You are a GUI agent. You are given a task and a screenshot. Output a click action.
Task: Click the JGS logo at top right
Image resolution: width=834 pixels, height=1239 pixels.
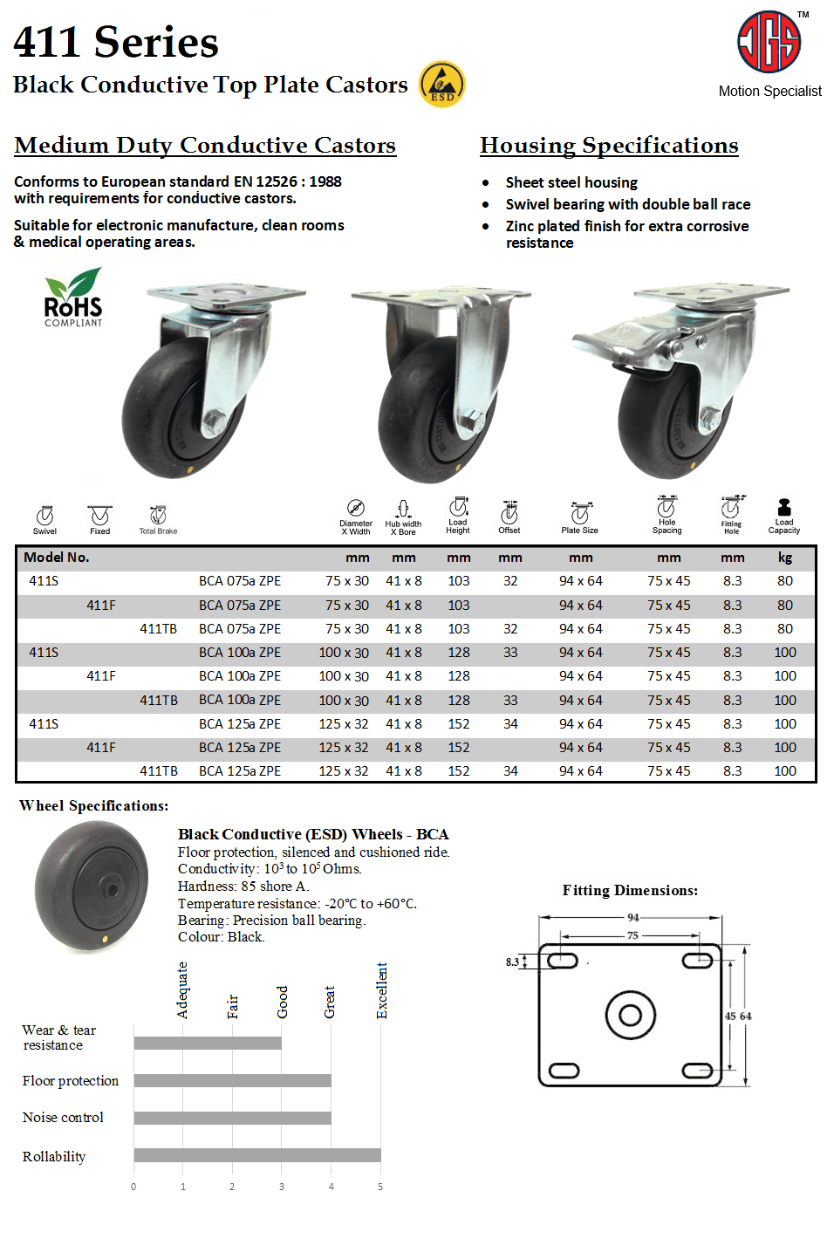pyautogui.click(x=769, y=42)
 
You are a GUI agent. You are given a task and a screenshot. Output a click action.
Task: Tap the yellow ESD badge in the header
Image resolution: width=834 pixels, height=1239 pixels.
pyautogui.click(x=442, y=85)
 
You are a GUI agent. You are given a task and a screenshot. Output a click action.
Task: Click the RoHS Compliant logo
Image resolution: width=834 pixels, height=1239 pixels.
pyautogui.click(x=73, y=298)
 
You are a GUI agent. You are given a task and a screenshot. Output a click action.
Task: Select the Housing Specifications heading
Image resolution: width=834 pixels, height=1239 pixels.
pyautogui.click(x=609, y=145)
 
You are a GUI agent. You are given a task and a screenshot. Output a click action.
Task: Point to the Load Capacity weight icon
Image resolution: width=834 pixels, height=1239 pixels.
pyautogui.click(x=784, y=508)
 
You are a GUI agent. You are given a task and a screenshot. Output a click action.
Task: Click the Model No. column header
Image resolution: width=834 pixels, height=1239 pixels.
pyautogui.click(x=57, y=558)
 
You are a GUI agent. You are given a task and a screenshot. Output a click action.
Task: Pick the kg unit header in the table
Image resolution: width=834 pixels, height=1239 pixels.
pyautogui.click(x=785, y=558)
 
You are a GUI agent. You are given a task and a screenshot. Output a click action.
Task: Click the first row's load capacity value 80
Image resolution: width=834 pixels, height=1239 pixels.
pyautogui.click(x=785, y=581)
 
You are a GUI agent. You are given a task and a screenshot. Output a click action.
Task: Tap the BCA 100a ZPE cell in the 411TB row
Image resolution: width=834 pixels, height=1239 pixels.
pyautogui.click(x=240, y=700)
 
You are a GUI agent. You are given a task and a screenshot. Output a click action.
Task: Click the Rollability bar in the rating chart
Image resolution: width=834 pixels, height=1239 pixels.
pyautogui.click(x=257, y=1155)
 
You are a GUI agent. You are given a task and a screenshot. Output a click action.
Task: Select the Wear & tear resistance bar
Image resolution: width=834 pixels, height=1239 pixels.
pyautogui.click(x=208, y=1043)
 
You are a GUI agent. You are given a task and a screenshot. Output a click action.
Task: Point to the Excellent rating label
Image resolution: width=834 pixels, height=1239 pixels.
pyautogui.click(x=382, y=990)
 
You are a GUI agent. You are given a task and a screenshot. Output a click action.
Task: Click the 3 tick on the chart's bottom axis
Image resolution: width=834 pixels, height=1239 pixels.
pyautogui.click(x=282, y=1187)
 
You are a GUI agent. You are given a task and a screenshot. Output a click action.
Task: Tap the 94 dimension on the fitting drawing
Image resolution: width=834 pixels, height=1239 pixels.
pyautogui.click(x=632, y=917)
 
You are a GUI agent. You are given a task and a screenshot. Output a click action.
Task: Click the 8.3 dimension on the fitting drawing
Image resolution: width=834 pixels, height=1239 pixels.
pyautogui.click(x=512, y=962)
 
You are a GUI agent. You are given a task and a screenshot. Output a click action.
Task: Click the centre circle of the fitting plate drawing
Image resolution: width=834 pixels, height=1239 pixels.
pyautogui.click(x=630, y=1015)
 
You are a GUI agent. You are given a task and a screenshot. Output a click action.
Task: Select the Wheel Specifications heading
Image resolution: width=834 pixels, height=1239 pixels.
pyautogui.click(x=94, y=805)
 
